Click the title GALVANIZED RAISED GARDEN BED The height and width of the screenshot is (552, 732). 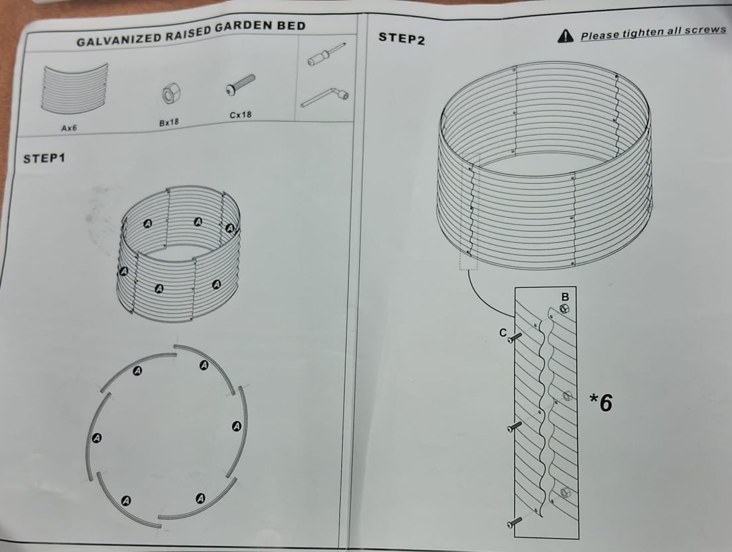[191, 34]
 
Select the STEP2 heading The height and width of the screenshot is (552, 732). [401, 38]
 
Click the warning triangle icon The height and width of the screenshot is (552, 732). [566, 36]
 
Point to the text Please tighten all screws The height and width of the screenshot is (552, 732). [653, 33]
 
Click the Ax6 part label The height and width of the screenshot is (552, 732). [70, 127]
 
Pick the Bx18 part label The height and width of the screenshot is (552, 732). [170, 122]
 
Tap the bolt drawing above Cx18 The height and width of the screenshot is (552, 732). [241, 84]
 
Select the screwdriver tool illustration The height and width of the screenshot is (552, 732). [326, 54]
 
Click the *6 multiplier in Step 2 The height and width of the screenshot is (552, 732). [601, 403]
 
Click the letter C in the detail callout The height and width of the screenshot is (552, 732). [503, 332]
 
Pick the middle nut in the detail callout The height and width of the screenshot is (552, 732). [567, 396]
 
